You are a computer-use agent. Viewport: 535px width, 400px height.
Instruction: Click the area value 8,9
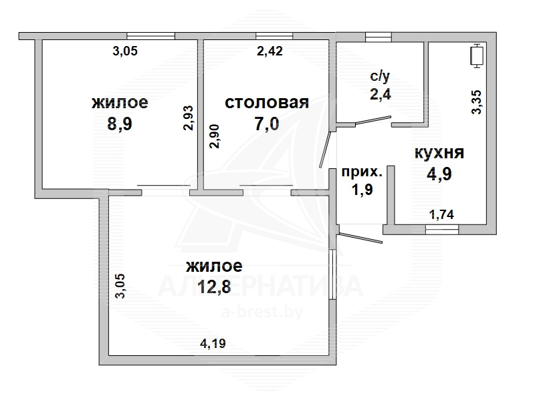[120, 124]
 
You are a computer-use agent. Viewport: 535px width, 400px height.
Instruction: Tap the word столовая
[267, 103]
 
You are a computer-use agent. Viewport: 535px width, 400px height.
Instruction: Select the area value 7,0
[267, 124]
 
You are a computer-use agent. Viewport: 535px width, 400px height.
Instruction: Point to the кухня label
[439, 153]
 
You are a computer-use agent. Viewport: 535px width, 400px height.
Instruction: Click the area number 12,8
[214, 286]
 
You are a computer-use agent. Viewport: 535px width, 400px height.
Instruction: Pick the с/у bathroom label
[380, 77]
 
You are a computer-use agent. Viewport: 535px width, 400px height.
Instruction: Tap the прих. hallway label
[362, 172]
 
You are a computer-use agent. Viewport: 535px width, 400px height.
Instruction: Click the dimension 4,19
[213, 343]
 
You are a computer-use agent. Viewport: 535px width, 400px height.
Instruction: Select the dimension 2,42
[270, 51]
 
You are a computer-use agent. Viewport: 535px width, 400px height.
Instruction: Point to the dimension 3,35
[476, 102]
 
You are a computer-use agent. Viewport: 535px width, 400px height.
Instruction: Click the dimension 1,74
[441, 214]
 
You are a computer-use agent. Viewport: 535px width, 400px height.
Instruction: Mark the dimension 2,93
[188, 118]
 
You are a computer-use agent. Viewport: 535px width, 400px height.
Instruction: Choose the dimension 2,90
[215, 136]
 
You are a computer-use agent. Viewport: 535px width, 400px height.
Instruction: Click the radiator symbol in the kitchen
[477, 56]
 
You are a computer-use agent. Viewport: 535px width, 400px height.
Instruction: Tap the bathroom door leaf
[372, 121]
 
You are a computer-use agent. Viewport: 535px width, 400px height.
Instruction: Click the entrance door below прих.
[360, 238]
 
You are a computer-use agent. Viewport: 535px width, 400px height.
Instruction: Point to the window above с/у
[378, 36]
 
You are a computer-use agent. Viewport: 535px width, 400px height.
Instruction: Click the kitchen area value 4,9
[439, 174]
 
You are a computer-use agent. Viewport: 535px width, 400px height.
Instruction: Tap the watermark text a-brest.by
[262, 312]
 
